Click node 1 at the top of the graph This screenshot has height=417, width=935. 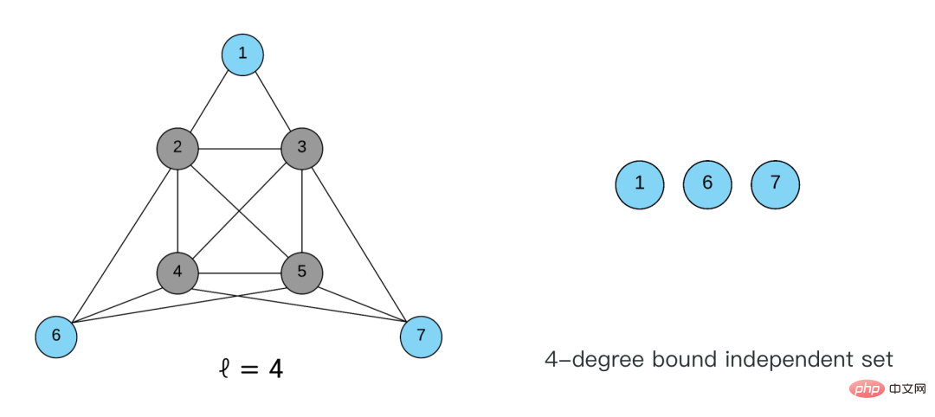[242, 54]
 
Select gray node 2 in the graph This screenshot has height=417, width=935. [177, 147]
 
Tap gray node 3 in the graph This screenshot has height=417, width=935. [301, 147]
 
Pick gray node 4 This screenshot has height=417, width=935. [177, 272]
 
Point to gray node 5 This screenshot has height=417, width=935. [301, 272]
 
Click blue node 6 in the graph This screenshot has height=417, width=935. [56, 335]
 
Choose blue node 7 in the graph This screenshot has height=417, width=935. [421, 335]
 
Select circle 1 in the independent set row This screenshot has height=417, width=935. [640, 183]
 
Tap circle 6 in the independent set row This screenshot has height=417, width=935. [707, 183]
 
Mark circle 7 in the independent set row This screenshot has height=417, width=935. [775, 183]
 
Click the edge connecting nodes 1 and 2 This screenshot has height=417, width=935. [210, 100]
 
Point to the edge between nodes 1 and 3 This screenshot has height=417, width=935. [272, 100]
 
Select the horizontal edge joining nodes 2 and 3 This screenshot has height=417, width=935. [240, 148]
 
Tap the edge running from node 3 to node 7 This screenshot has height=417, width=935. [360, 240]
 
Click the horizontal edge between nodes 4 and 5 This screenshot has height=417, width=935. [240, 273]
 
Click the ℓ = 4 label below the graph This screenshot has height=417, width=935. [249, 369]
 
